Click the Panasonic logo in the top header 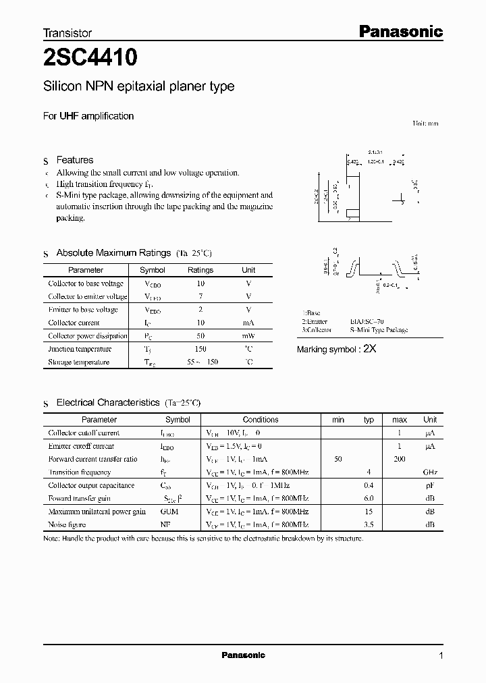[x=400, y=31]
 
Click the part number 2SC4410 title [x=90, y=59]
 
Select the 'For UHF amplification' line [x=88, y=116]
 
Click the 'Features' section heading [x=75, y=160]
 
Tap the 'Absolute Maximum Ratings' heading [x=113, y=253]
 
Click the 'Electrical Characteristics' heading [x=108, y=402]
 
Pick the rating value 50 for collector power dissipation [x=200, y=336]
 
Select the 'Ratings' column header [x=200, y=270]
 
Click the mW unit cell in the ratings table [x=248, y=336]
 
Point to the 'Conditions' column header [x=261, y=420]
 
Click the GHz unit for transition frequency [x=431, y=472]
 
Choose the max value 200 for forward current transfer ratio [x=400, y=459]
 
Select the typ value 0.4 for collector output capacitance [x=369, y=485]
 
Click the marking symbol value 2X [x=369, y=349]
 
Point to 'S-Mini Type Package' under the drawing [x=379, y=330]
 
